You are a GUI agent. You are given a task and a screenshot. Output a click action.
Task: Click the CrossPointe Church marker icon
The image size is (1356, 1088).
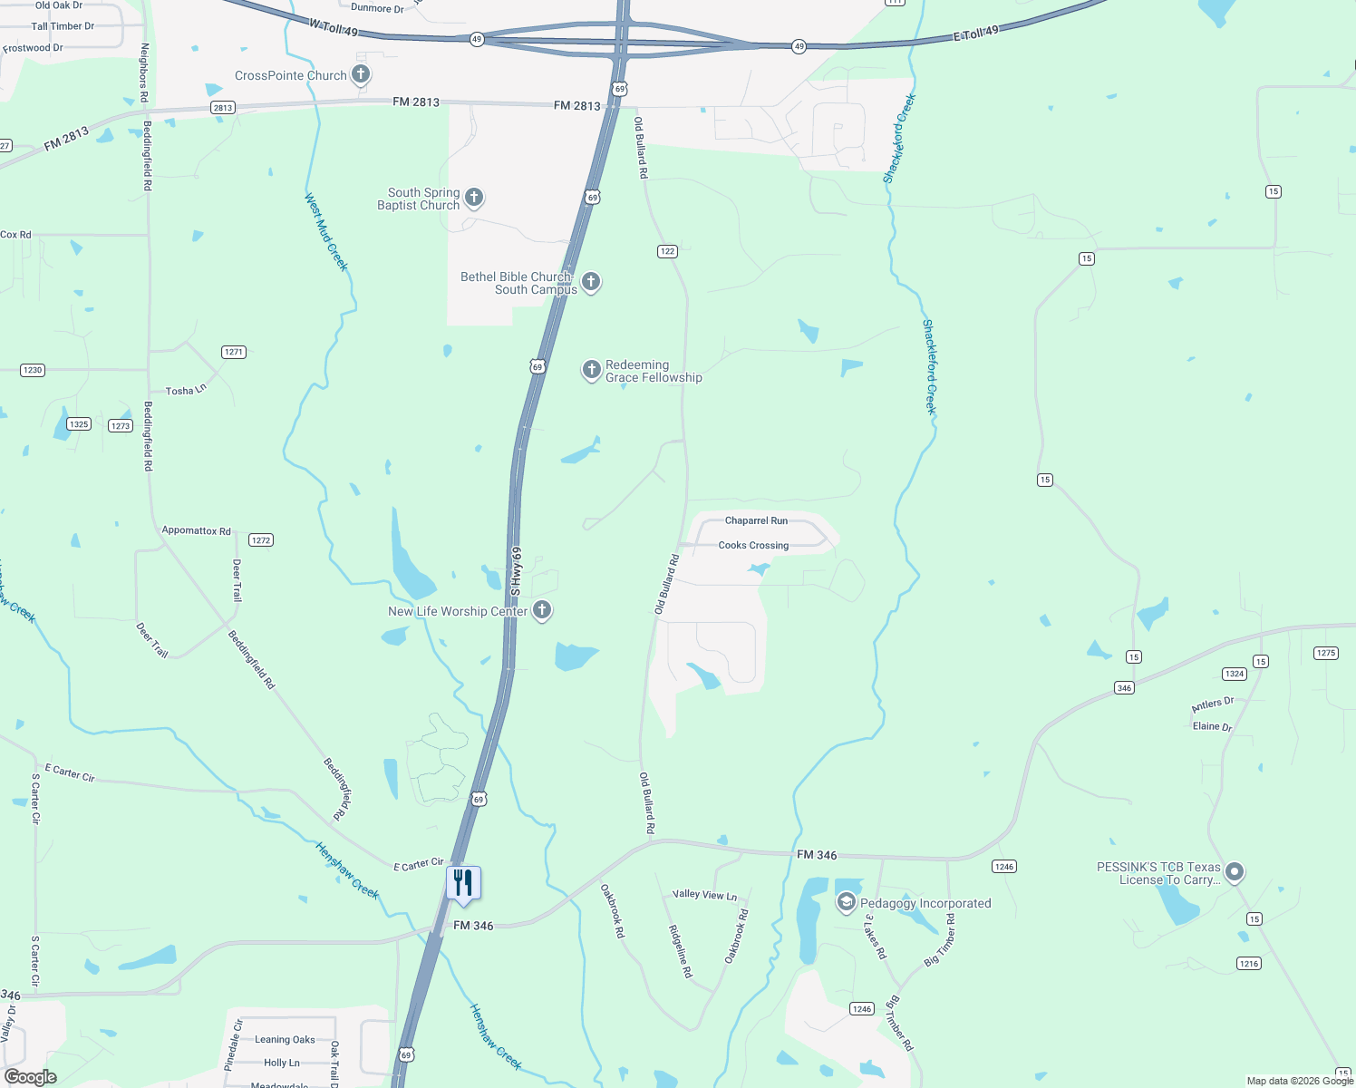[361, 74]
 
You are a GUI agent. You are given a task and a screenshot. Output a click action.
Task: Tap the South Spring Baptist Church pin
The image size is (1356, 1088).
[473, 198]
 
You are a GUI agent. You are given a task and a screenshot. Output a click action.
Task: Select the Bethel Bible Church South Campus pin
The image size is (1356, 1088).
[591, 282]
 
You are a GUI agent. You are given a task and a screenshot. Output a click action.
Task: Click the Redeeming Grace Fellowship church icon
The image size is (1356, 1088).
[591, 369]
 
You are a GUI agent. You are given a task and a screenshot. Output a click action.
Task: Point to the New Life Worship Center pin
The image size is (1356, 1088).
[542, 610]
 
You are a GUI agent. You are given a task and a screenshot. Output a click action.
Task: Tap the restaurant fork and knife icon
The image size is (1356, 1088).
[463, 883]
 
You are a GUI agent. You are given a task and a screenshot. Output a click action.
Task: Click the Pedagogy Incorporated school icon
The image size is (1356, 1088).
[846, 902]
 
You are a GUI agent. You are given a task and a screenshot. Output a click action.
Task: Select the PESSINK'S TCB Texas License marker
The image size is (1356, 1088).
[1234, 872]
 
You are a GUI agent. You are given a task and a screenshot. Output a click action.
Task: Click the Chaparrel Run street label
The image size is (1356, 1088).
[756, 520]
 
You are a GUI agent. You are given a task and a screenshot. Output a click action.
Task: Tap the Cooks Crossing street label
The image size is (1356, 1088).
[753, 546]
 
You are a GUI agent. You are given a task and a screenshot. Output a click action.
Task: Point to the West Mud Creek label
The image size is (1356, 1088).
[325, 231]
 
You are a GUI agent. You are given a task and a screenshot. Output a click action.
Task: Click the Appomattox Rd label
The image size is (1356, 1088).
[196, 530]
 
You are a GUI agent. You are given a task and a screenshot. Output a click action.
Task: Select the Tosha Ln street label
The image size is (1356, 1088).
[186, 391]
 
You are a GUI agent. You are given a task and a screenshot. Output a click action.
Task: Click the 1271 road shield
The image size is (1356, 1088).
[234, 352]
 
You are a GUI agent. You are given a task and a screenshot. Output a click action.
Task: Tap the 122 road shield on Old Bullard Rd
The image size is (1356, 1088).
[667, 251]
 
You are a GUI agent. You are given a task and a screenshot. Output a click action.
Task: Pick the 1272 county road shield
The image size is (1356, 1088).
[261, 540]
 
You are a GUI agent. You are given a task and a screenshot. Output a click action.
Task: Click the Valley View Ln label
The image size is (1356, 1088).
[704, 895]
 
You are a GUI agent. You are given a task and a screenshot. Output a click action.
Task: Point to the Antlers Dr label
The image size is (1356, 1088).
[1212, 704]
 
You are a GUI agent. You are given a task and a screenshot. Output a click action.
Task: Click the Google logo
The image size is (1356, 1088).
[31, 1077]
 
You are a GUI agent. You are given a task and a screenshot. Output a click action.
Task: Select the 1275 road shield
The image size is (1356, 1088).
[1325, 653]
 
